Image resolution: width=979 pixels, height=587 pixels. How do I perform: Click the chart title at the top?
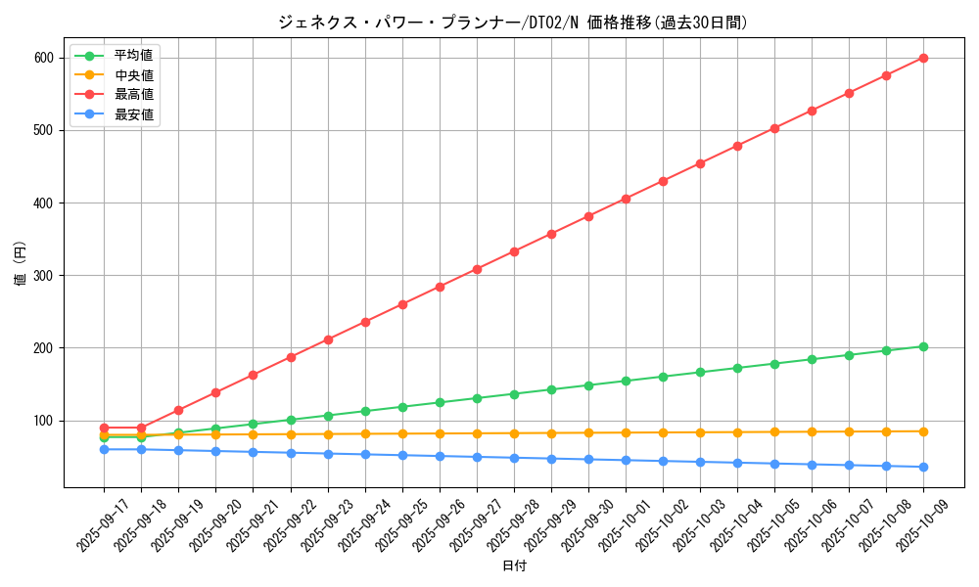512,23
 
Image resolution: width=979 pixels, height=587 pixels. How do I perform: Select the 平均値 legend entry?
133,56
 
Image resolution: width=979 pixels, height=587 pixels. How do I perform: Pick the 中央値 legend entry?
133,75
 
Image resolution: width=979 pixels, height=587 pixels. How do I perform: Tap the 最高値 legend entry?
133,95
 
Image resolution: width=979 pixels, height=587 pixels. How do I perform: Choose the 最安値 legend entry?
133,114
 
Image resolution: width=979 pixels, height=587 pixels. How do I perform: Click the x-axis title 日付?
514,566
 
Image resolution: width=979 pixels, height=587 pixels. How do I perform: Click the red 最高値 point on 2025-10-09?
923,58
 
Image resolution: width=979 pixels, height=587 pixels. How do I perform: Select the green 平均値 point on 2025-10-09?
923,346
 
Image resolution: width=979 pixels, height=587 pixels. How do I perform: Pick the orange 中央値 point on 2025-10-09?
923,431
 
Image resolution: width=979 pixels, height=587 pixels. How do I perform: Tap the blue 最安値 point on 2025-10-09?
923,467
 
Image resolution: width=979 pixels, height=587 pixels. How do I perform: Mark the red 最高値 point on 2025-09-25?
402,304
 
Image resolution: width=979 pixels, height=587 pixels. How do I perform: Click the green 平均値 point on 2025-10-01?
626,381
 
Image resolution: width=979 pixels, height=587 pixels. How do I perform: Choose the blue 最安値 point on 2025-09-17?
104,449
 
